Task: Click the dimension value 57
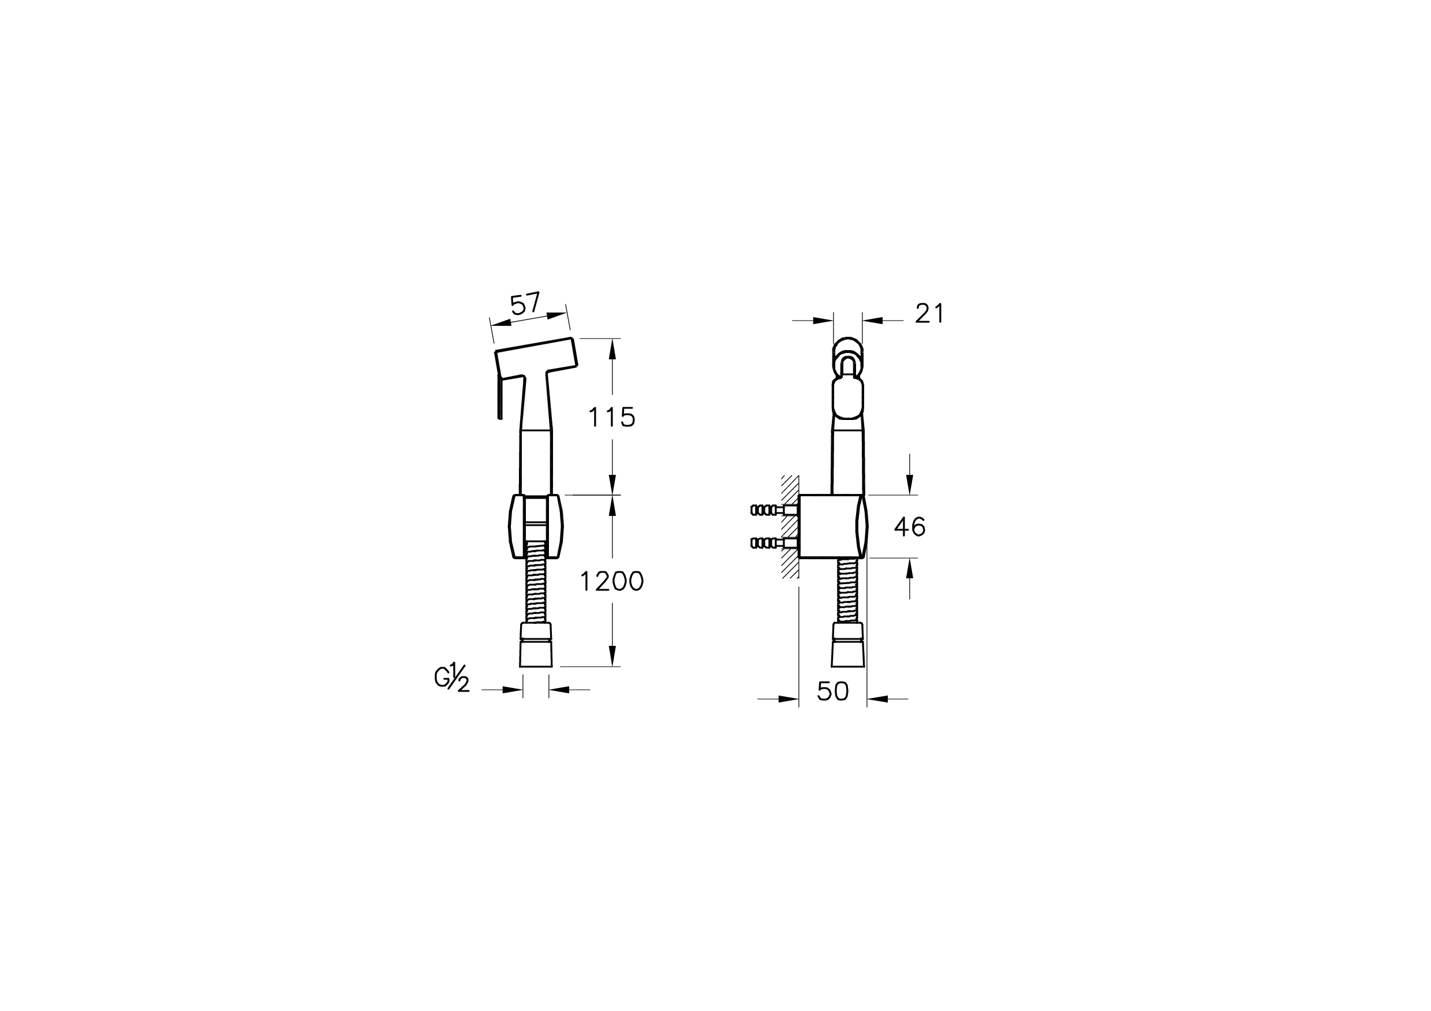pos(525,304)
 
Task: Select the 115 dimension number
pos(611,417)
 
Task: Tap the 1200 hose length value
pos(611,581)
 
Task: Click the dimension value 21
pos(929,314)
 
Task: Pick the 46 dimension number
pos(909,527)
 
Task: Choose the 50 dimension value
pos(832,691)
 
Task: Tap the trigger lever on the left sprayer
pos(499,396)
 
